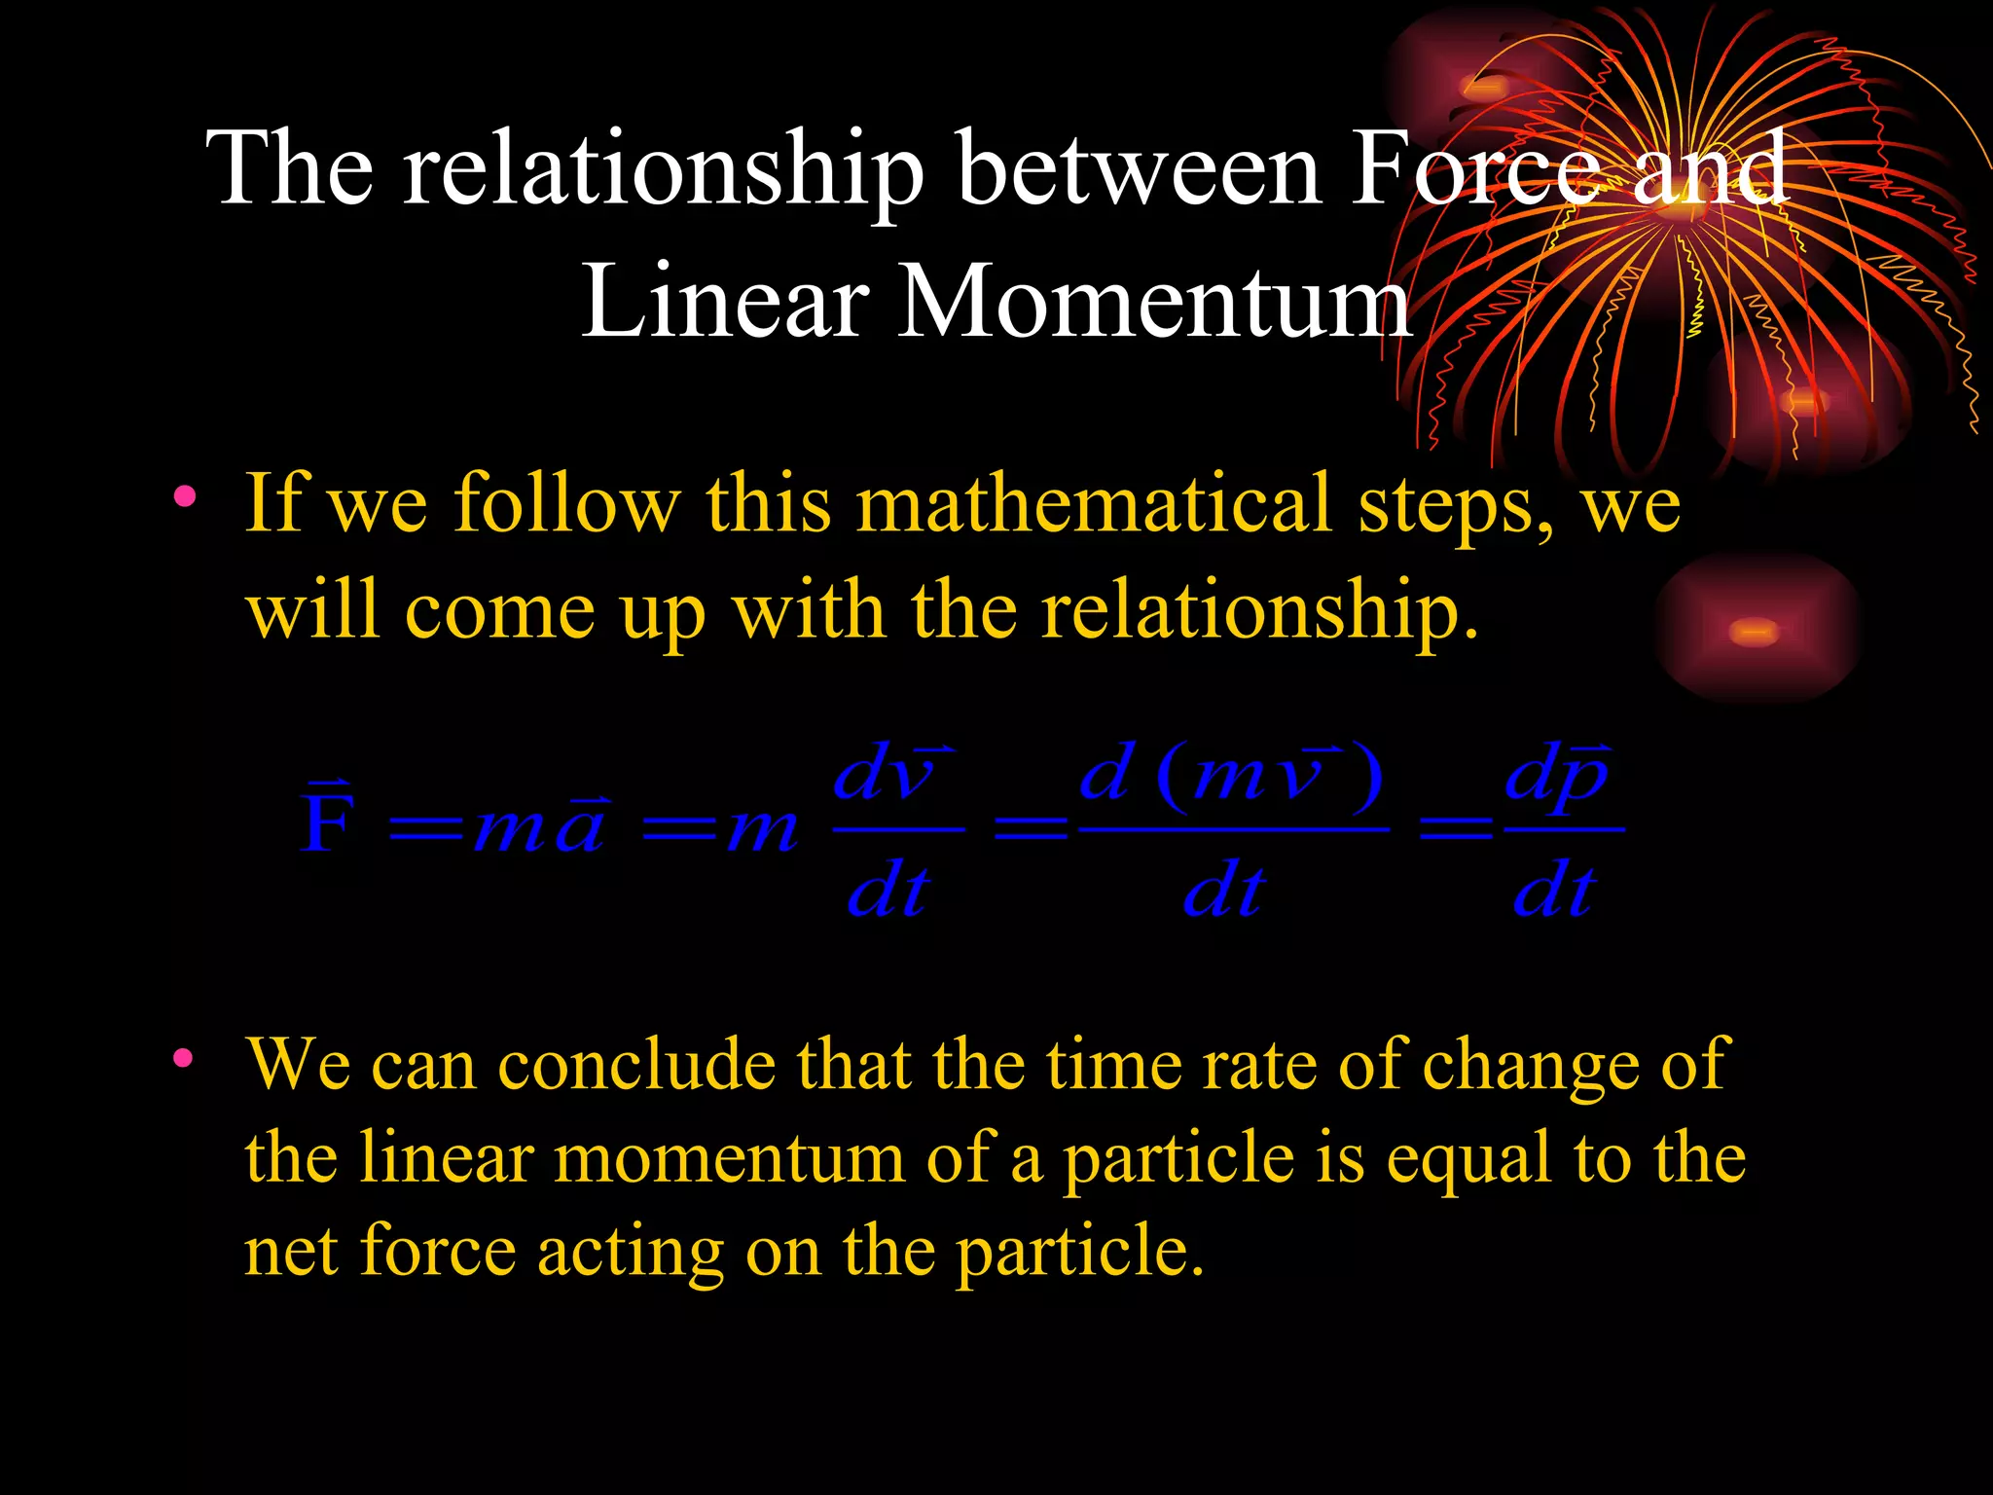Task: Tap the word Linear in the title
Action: tap(725, 302)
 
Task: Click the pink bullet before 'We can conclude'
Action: tap(183, 1058)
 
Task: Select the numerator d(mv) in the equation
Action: tap(1231, 777)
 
